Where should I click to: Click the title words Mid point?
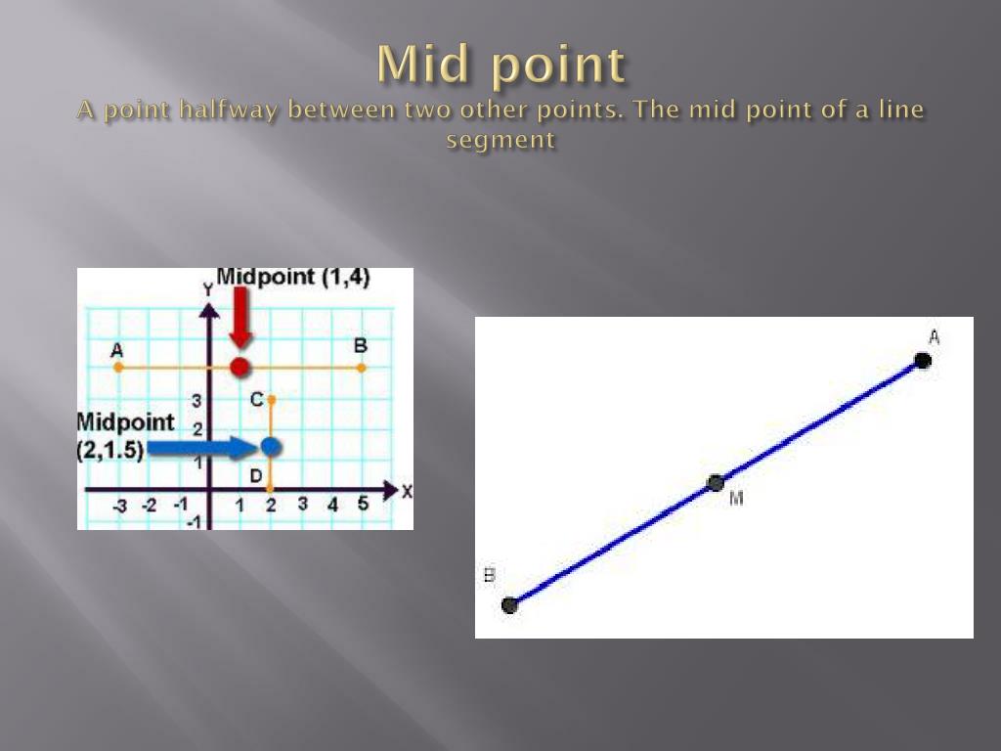[x=500, y=66]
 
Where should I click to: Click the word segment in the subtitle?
[x=500, y=140]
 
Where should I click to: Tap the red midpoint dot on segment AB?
[x=239, y=368]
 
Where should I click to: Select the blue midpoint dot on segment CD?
[x=271, y=447]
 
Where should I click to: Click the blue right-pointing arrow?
[x=199, y=448]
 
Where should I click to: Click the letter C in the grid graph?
[x=256, y=399]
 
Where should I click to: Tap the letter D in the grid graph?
[x=255, y=475]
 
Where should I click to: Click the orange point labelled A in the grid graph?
[x=118, y=368]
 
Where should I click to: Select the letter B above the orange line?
[x=360, y=345]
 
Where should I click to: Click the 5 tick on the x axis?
[x=362, y=505]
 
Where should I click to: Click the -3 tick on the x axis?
[x=119, y=506]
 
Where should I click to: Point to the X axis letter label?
[x=407, y=492]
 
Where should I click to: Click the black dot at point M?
[x=716, y=483]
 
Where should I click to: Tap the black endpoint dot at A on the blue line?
[x=923, y=361]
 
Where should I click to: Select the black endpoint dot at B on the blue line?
[x=509, y=605]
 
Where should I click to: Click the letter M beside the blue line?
[x=736, y=499]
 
